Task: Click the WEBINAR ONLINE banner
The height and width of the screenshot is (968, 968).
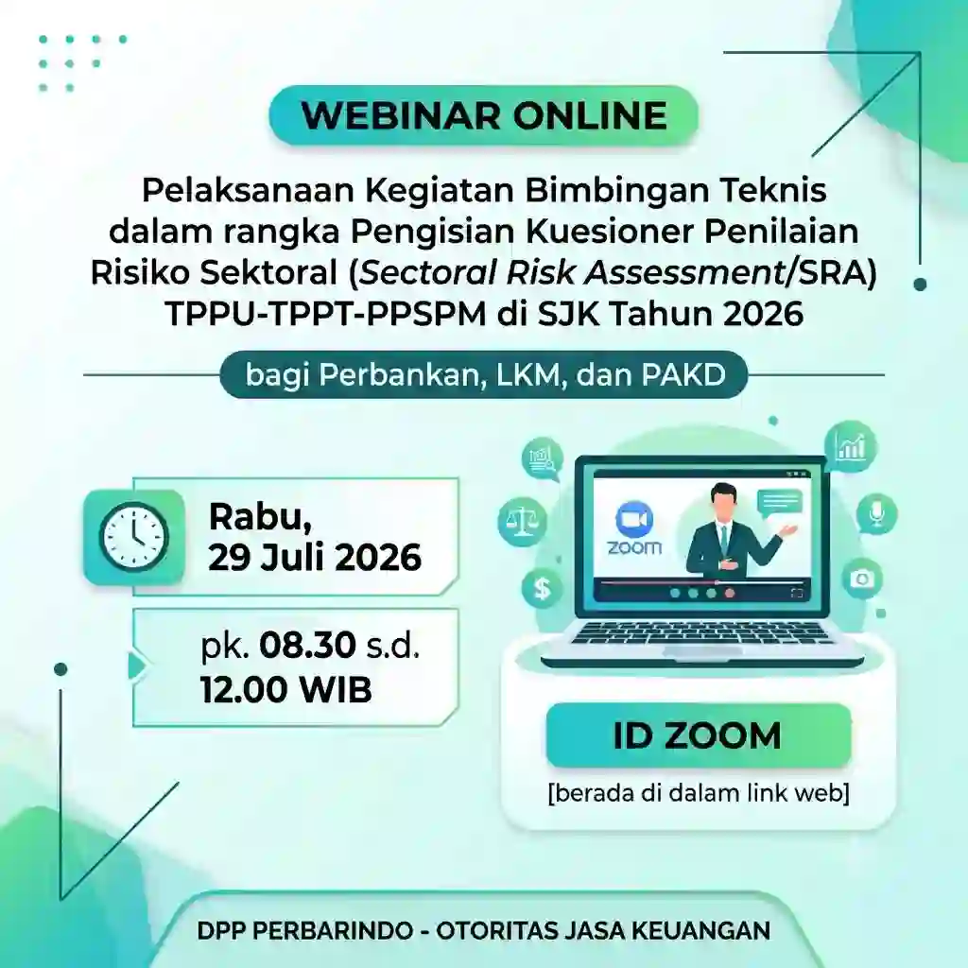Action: coord(483,115)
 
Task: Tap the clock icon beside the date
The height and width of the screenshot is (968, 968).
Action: coord(134,537)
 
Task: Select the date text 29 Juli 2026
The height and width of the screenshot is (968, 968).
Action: coord(315,558)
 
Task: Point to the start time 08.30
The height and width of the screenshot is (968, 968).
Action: coord(307,646)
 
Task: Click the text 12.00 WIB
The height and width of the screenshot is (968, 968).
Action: coord(286,689)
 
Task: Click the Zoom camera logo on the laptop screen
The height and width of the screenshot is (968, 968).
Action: coord(634,519)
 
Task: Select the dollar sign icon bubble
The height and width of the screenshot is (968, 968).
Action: coord(542,588)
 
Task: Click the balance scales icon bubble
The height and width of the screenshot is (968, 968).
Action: coord(522,522)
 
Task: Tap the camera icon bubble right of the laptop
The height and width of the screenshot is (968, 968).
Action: coord(862,579)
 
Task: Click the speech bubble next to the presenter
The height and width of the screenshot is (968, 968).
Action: coord(780,503)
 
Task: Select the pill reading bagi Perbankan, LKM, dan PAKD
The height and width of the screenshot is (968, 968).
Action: coord(484,374)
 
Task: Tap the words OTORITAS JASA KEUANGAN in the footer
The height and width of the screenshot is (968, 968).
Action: coord(603,930)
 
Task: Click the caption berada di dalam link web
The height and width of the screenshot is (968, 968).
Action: coord(699,793)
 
